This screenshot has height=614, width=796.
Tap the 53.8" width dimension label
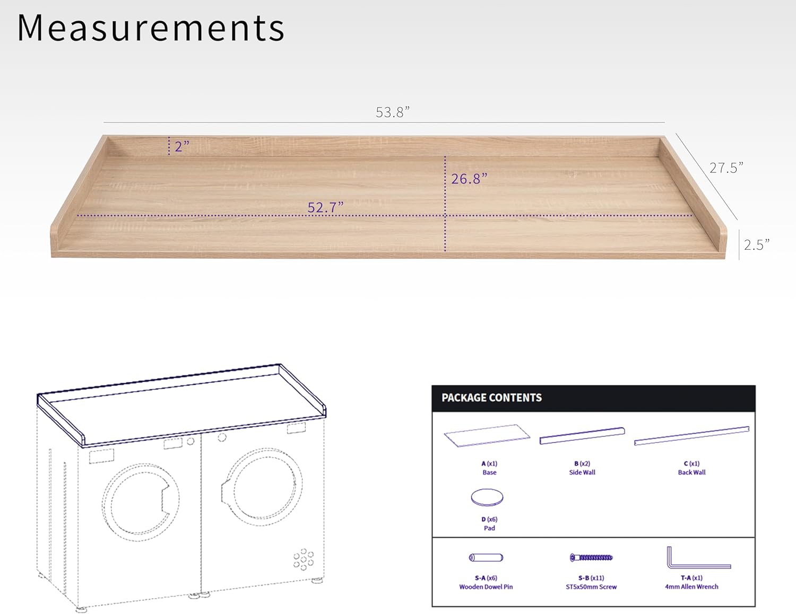pos(393,112)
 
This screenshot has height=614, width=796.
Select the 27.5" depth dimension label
pos(726,168)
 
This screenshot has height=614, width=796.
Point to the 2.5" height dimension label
pos(756,245)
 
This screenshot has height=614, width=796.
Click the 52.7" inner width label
pos(325,207)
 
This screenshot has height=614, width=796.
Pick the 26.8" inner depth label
pos(469,179)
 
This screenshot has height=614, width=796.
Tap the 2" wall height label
pos(182,146)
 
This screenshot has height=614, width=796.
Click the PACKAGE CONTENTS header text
pos(491,398)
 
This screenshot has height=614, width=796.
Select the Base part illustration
pos(487,435)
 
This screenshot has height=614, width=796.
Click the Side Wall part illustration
pos(582,435)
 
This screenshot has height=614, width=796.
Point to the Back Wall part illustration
pos(691,435)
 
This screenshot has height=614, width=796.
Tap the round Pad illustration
pos(487,497)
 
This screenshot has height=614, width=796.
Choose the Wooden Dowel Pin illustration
pos(486,557)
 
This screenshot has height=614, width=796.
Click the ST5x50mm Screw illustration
pos(591,557)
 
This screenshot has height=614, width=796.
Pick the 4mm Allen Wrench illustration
pos(695,559)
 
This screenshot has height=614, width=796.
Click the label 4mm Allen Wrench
pos(691,587)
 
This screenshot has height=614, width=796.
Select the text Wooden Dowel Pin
pos(486,587)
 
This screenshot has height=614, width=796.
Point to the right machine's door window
pos(262,487)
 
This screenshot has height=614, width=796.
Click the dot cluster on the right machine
pos(304,559)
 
